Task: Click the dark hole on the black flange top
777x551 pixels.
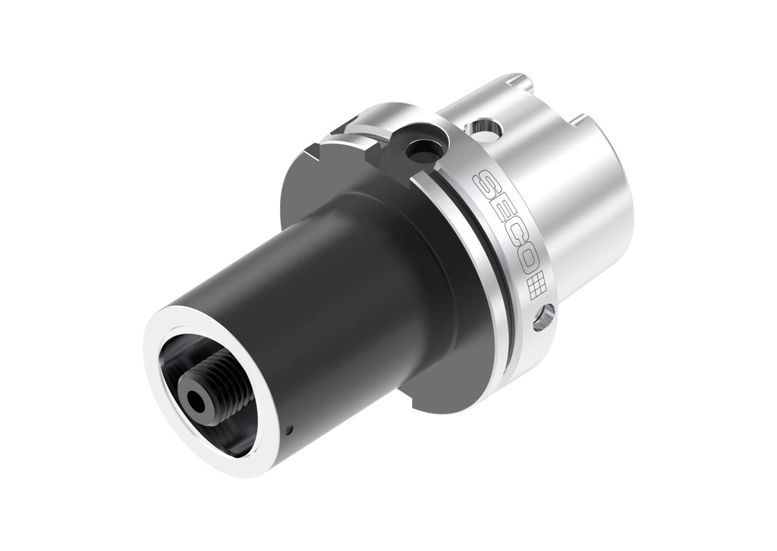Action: tap(419, 151)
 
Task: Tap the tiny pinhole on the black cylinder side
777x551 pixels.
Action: tap(290, 433)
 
